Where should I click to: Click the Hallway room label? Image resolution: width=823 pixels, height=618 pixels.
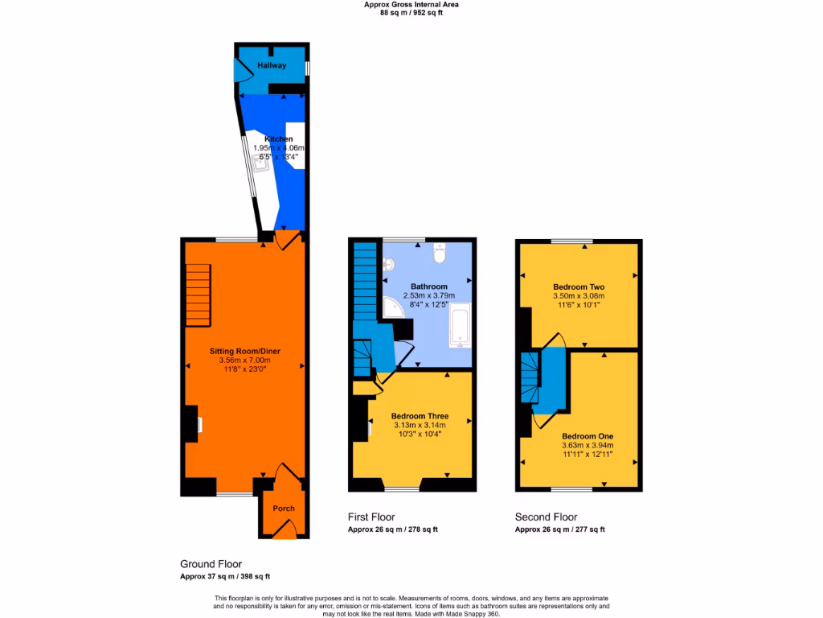pyautogui.click(x=272, y=65)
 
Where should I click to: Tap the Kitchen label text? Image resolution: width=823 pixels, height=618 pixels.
pyautogui.click(x=272, y=139)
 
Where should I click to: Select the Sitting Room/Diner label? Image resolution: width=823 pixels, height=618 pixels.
pyautogui.click(x=244, y=351)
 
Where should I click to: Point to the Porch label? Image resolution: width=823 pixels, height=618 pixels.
pyautogui.click(x=284, y=509)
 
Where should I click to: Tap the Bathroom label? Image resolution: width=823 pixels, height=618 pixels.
pyautogui.click(x=429, y=286)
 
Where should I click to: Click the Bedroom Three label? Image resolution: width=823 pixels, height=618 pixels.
pyautogui.click(x=420, y=416)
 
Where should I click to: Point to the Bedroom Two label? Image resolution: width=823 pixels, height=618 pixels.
pyautogui.click(x=579, y=287)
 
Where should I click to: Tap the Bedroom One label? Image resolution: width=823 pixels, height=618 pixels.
pyautogui.click(x=587, y=435)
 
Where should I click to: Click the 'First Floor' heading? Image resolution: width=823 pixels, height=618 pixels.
pyautogui.click(x=371, y=517)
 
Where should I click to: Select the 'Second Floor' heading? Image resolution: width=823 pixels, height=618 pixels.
pyautogui.click(x=546, y=517)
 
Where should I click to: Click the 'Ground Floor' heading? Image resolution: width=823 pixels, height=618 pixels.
pyautogui.click(x=211, y=564)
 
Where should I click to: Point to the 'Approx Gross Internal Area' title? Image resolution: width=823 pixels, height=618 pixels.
pyautogui.click(x=411, y=4)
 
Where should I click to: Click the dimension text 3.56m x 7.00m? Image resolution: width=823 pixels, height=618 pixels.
pyautogui.click(x=244, y=360)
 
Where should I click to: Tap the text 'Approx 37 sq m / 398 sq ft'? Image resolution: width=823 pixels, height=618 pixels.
pyautogui.click(x=225, y=576)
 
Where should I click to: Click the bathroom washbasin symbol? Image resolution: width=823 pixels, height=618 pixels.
pyautogui.click(x=388, y=264)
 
